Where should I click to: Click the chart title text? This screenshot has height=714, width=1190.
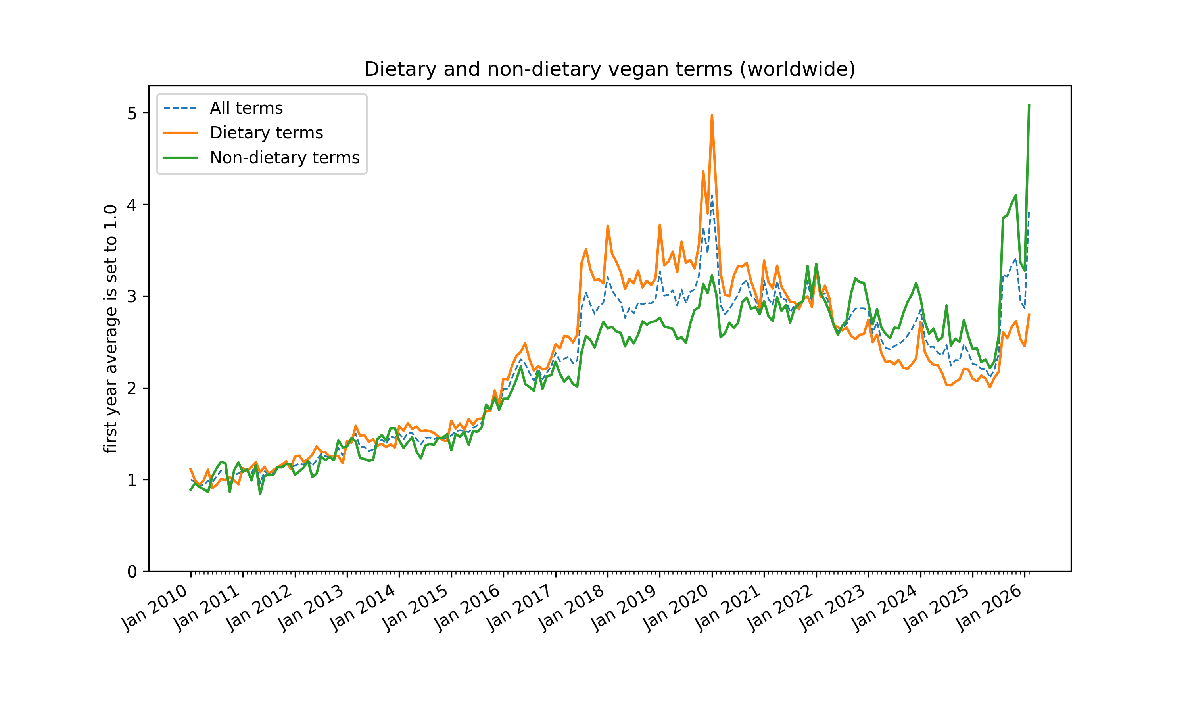tap(609, 69)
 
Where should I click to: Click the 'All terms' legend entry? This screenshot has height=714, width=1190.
tap(246, 108)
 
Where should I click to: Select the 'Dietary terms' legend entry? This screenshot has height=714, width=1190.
tap(266, 133)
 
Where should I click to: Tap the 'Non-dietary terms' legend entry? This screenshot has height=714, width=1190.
tap(284, 158)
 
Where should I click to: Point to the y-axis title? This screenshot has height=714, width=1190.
tap(111, 329)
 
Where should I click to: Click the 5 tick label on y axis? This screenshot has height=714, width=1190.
tap(132, 113)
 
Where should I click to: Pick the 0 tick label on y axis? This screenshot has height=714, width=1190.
tap(132, 572)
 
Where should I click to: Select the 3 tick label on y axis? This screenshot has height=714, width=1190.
tap(132, 296)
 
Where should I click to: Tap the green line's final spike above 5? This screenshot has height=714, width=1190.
tap(1029, 105)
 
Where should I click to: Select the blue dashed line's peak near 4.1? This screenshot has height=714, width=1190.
tap(712, 196)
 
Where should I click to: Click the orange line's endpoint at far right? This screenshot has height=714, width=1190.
tap(1029, 315)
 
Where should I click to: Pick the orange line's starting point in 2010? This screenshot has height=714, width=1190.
tap(190, 468)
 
